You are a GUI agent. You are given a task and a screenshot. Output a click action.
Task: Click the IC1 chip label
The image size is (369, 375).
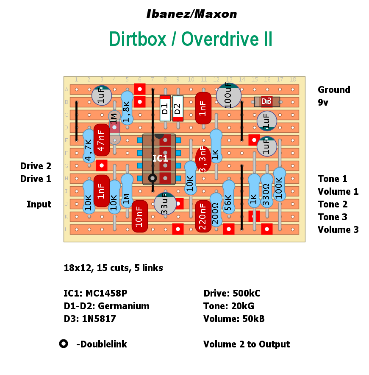[160, 159]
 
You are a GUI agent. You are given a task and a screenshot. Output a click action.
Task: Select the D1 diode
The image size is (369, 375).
[165, 108]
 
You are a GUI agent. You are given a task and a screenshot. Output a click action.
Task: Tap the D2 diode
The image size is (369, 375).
[178, 108]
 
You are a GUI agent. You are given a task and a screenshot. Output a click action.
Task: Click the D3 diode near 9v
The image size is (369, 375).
[266, 102]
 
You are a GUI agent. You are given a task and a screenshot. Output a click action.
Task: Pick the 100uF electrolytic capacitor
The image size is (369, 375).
[229, 95]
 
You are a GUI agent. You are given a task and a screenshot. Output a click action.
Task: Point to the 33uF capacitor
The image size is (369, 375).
[165, 204]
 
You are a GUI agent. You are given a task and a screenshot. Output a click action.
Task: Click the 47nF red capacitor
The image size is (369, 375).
[101, 140]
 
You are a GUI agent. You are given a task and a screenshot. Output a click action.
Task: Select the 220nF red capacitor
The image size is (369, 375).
[203, 216]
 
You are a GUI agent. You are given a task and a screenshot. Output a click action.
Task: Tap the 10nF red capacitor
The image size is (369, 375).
[139, 216]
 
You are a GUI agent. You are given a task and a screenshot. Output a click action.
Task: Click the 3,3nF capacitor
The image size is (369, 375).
[203, 160]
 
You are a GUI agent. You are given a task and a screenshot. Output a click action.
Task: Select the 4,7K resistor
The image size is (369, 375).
[89, 146]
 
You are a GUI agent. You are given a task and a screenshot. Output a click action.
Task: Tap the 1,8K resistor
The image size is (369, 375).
[127, 108]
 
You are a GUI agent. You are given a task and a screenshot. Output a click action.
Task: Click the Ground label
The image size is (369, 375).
[334, 90]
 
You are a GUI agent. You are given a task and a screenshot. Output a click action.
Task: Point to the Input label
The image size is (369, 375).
[39, 204]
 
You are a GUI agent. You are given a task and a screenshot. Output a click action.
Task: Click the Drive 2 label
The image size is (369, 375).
[36, 166]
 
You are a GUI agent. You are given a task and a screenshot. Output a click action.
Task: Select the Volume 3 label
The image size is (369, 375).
[338, 229]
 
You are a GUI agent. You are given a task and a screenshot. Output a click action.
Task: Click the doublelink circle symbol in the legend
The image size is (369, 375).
[64, 344]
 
